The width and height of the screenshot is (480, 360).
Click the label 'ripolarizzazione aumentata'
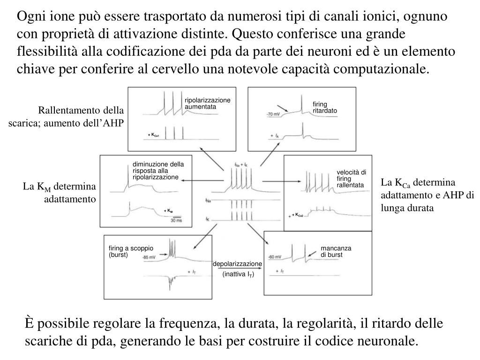pos(207,104)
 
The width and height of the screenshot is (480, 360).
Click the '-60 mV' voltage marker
pos(274,257)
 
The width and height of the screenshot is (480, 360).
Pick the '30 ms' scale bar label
pos(176,220)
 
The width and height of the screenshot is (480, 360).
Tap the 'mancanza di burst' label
pos(336,251)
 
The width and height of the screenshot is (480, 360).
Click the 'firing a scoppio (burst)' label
pos(131,251)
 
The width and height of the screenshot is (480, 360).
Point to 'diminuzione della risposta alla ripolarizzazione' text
pos(158,171)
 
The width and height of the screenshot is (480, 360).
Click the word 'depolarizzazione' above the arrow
pos(237,264)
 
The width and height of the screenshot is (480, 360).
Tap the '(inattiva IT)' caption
pos(238,275)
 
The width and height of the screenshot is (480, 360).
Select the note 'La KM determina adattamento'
pos(60,193)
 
